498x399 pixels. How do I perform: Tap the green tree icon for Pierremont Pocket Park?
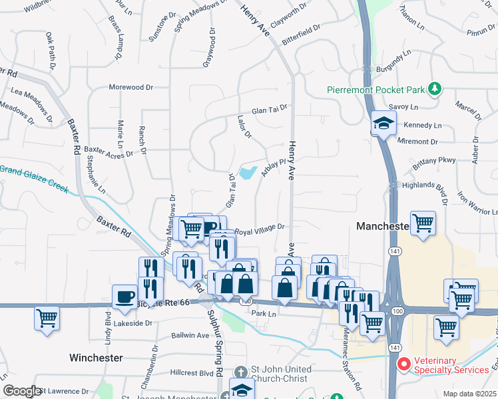click(x=435, y=88)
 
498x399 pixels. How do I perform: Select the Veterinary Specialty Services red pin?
click(x=404, y=364)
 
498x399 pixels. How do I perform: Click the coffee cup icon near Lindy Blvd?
click(x=124, y=297)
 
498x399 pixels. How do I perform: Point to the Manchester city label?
click(x=382, y=226)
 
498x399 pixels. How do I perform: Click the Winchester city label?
click(x=96, y=358)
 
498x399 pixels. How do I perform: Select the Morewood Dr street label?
click(x=130, y=87)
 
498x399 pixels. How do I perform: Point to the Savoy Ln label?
click(x=403, y=106)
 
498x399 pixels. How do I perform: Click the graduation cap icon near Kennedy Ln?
click(x=383, y=124)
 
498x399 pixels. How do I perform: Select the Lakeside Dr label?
click(x=134, y=324)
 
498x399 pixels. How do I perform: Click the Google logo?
click(x=22, y=391)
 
